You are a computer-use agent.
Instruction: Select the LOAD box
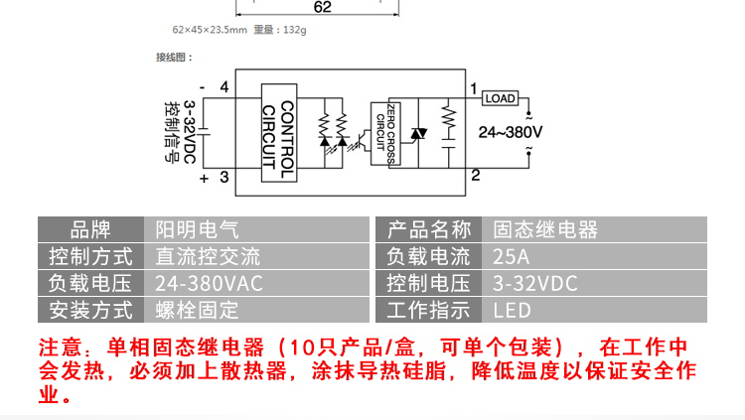[500, 98]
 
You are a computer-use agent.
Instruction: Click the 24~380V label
[511, 131]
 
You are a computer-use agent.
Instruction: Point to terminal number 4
[223, 87]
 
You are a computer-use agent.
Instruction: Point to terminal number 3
[223, 177]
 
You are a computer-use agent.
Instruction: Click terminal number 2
[475, 176]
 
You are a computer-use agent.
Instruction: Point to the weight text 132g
[293, 31]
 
